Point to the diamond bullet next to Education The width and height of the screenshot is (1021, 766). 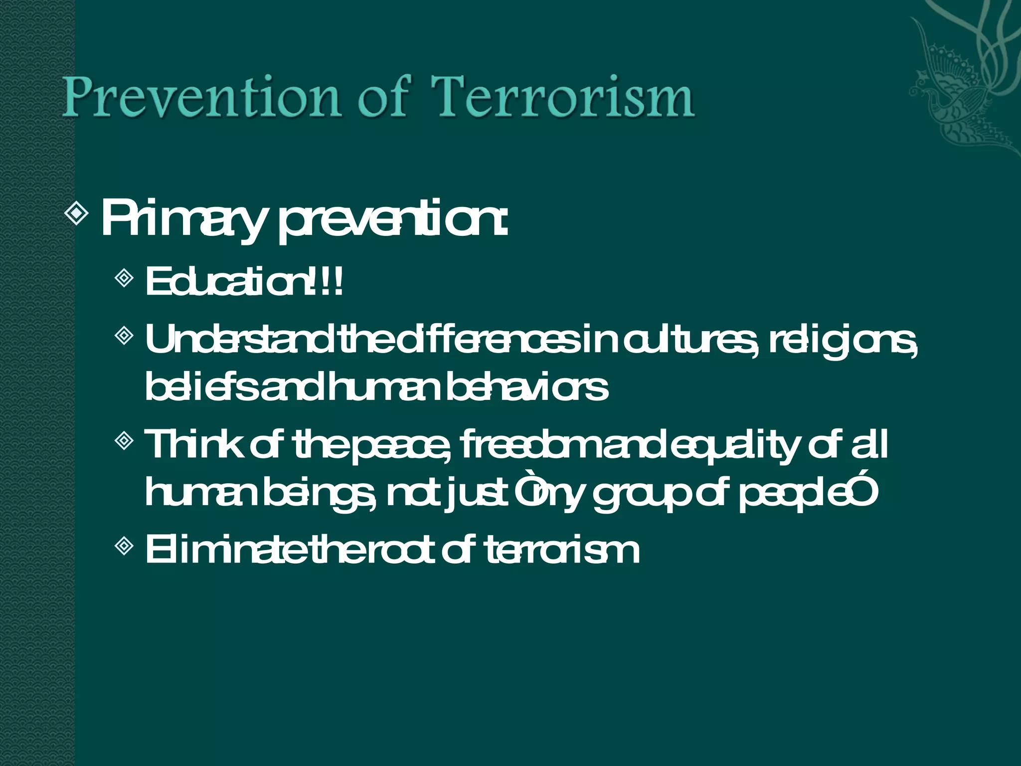point(124,277)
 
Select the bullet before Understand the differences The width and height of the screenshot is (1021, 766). point(124,335)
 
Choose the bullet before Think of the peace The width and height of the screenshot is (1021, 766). point(124,440)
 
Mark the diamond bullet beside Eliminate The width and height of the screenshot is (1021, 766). point(124,546)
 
